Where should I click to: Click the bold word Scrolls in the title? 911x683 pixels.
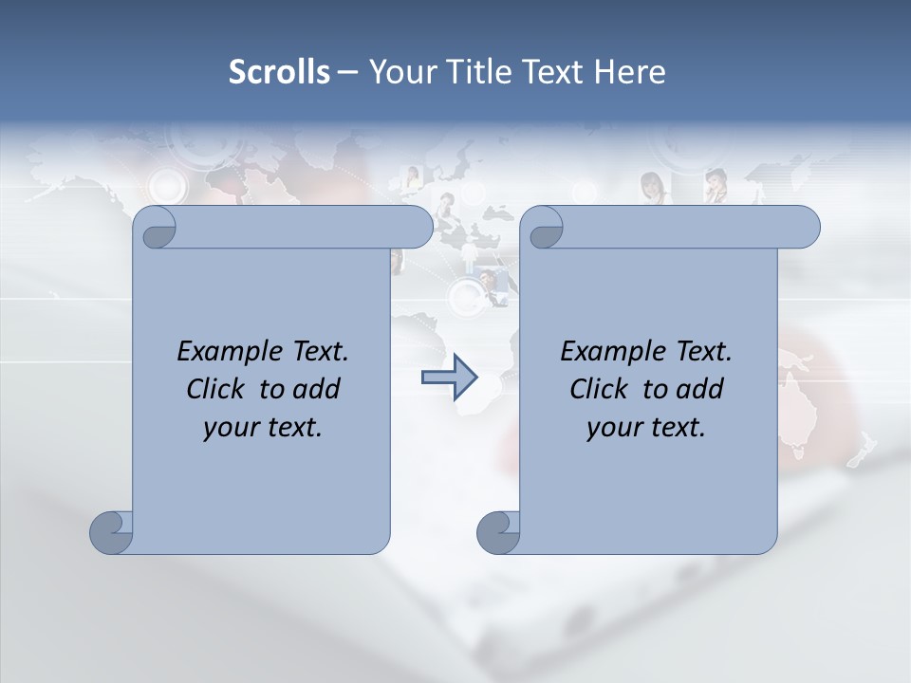(279, 72)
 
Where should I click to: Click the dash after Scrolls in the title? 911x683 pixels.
(347, 73)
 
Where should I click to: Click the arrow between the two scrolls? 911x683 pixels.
(449, 378)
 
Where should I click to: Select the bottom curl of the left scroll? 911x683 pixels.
(112, 532)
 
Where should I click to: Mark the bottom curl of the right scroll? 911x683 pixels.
(498, 532)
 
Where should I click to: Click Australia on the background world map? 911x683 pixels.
(797, 403)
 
